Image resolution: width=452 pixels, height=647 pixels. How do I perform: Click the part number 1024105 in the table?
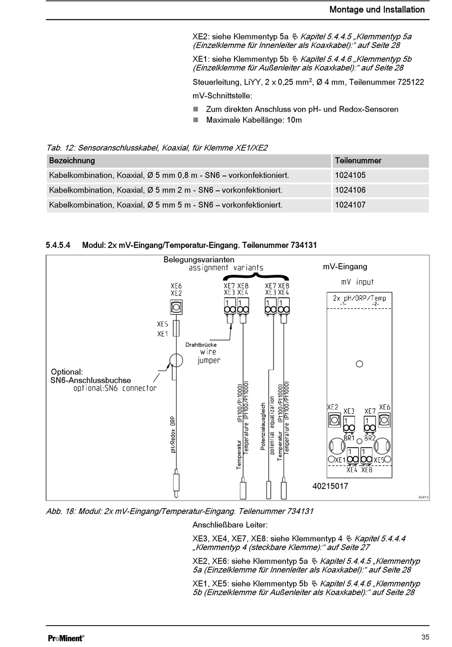tap(350, 176)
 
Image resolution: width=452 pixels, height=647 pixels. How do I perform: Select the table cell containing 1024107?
tap(350, 205)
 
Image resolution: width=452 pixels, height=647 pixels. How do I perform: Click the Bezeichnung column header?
tap(72, 161)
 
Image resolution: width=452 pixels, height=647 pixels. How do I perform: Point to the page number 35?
tap(425, 637)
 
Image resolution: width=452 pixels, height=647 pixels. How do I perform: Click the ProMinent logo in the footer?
tap(66, 638)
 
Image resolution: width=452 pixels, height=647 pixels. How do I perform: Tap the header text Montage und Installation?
tap(377, 10)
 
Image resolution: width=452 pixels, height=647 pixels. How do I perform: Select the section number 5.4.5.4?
tap(58, 245)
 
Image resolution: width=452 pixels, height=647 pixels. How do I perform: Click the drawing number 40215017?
tap(330, 486)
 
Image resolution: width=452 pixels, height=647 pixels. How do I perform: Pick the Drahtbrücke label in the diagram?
tap(201, 344)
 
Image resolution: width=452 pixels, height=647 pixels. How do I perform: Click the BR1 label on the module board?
tap(349, 438)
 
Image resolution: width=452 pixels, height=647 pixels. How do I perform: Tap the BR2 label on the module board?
tap(370, 438)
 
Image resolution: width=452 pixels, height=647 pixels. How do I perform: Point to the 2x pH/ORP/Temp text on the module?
tap(359, 298)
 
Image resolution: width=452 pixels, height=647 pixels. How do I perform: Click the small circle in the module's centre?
tap(360, 364)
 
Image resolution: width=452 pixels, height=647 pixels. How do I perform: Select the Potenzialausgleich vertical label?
tap(263, 426)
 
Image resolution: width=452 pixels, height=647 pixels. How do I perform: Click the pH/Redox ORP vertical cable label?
tap(173, 434)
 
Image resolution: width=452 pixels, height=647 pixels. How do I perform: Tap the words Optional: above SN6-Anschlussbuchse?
tap(67, 372)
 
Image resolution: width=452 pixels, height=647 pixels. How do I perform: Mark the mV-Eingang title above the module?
tap(345, 267)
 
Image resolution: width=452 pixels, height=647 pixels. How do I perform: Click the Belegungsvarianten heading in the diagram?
tap(199, 260)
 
